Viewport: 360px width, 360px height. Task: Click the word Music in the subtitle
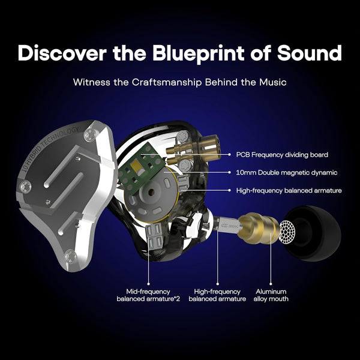[271, 82]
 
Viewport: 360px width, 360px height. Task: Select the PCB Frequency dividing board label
[282, 154]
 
